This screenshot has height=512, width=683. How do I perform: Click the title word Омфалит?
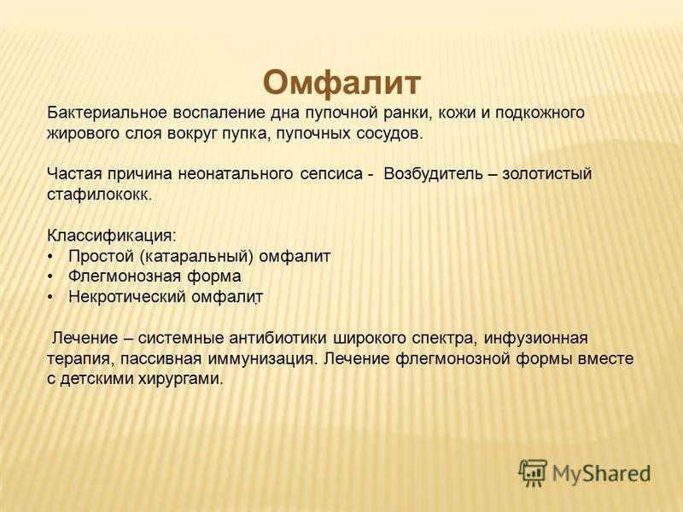(342, 83)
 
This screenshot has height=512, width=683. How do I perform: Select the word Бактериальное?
(108, 113)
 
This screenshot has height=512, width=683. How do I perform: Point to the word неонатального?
(236, 174)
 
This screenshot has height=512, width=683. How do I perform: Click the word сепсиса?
(331, 174)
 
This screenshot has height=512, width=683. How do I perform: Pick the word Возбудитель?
(434, 174)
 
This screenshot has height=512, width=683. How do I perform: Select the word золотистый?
(547, 174)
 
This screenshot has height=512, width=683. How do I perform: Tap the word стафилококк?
(99, 195)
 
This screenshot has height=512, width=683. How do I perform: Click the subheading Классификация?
(112, 236)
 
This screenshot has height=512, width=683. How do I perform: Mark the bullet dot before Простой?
(50, 257)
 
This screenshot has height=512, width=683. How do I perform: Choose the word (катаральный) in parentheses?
(197, 257)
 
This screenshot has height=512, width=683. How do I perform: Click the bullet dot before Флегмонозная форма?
(50, 277)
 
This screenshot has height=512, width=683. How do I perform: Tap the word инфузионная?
(536, 338)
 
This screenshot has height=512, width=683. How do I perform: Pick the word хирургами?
(180, 379)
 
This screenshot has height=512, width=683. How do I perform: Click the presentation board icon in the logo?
(532, 473)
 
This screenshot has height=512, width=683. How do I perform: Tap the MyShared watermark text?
(602, 474)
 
